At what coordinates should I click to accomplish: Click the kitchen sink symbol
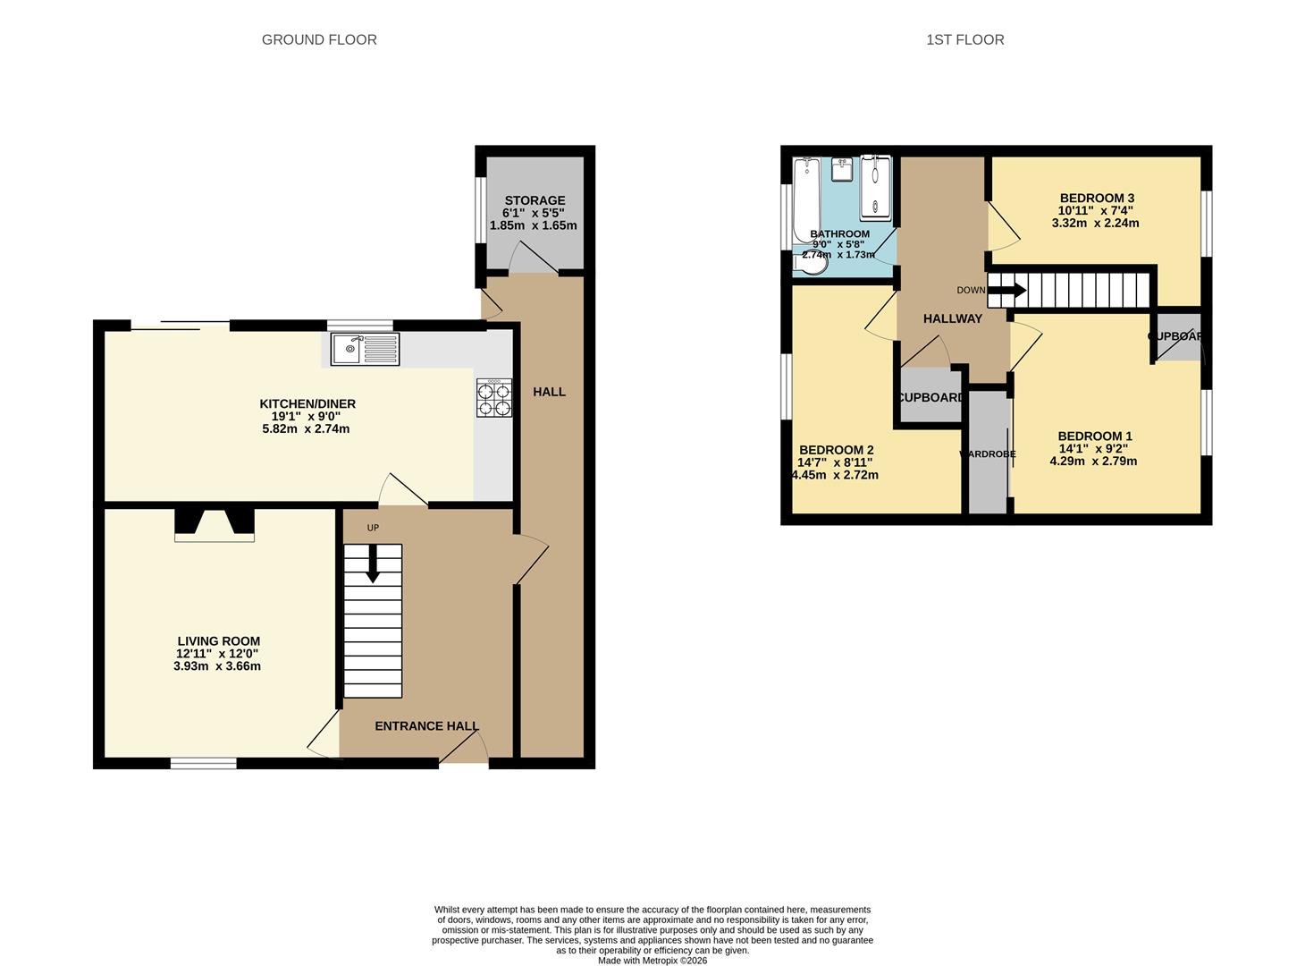pos(365,349)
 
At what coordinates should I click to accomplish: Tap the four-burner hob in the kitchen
pos(494,398)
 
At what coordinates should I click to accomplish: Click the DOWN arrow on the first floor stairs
pos(1007,290)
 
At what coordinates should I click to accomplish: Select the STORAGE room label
pos(535,200)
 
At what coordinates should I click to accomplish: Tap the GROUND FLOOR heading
pos(319,39)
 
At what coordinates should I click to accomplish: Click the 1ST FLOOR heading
pos(964,39)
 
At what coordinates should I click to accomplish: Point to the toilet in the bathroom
pos(812,265)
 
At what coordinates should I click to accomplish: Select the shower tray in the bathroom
pos(875,188)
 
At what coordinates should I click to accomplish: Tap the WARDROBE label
pos(988,454)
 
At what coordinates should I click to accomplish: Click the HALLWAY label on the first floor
pos(952,318)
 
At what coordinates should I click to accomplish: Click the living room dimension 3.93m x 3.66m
pos(217,666)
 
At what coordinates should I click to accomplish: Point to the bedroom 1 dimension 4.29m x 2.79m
pos(1093,462)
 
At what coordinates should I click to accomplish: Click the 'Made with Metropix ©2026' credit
pos(652,961)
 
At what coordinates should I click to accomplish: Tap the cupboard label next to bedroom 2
pos(930,397)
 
